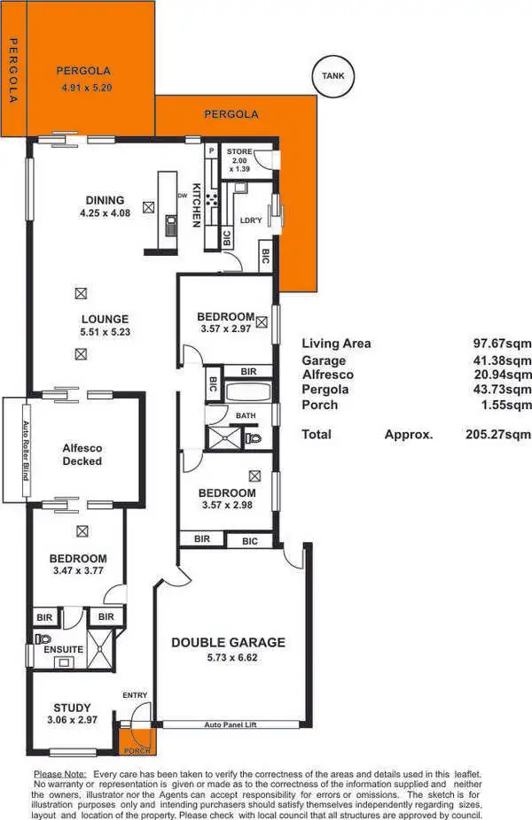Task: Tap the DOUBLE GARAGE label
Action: (x=228, y=642)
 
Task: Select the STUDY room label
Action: (x=72, y=707)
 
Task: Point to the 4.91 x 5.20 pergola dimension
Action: (x=87, y=88)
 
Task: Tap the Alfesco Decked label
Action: (x=82, y=454)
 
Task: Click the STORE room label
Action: (x=239, y=151)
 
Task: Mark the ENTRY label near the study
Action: (x=135, y=695)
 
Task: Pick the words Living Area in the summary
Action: (x=336, y=344)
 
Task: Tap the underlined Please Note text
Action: (x=59, y=773)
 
